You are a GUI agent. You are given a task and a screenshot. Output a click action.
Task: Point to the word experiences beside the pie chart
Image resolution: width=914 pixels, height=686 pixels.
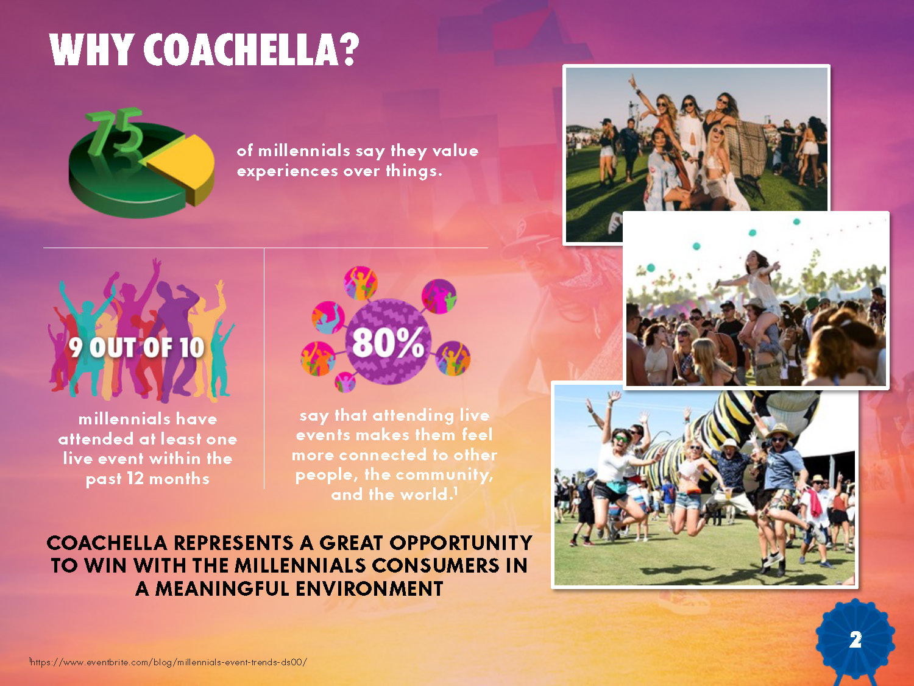288,171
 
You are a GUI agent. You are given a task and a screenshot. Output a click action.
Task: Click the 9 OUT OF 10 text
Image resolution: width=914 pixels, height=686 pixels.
136,348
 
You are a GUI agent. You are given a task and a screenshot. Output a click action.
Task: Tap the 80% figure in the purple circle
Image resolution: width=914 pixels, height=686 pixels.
388,342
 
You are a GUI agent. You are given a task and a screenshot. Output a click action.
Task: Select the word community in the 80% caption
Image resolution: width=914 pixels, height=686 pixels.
444,475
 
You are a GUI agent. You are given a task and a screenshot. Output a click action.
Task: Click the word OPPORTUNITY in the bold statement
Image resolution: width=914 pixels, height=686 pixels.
461,543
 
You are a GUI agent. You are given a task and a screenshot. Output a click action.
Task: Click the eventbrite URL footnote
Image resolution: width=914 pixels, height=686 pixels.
168,662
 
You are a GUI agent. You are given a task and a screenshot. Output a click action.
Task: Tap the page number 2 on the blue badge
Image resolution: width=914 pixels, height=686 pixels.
856,639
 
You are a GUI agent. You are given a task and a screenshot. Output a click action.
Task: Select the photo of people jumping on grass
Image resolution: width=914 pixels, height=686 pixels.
704,485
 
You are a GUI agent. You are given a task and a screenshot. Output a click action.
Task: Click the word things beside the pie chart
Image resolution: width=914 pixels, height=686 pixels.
414,171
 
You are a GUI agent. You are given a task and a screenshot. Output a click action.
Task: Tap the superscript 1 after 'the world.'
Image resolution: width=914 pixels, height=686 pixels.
456,491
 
